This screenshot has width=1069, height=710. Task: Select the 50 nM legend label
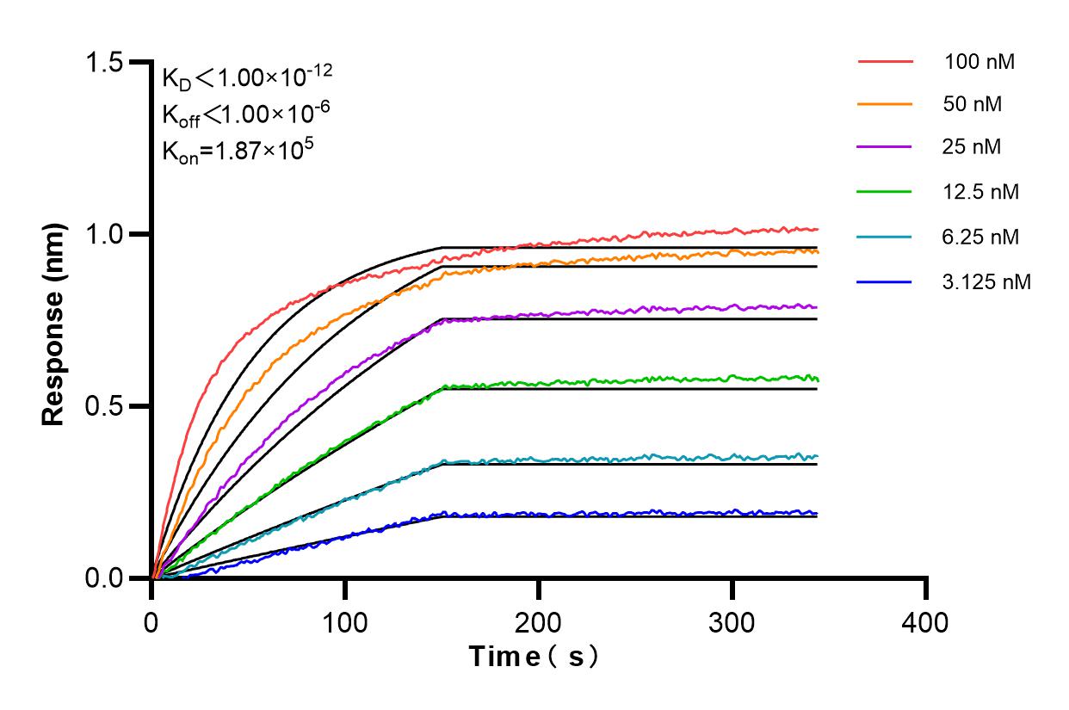(973, 104)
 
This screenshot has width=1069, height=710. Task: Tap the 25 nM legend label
(973, 147)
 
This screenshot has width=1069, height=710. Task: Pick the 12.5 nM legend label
(981, 192)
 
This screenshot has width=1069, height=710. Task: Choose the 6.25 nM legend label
(981, 237)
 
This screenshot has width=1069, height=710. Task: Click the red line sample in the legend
(885, 62)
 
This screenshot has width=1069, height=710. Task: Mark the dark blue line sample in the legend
(885, 281)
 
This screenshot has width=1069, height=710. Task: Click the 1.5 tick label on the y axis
(104, 63)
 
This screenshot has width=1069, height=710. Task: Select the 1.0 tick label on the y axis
(104, 234)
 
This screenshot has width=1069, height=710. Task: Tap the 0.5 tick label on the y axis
(104, 406)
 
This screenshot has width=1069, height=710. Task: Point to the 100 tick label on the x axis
(345, 620)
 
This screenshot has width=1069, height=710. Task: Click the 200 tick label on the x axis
(539, 620)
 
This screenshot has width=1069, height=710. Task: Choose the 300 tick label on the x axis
(732, 620)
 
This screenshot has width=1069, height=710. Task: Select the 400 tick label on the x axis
(926, 620)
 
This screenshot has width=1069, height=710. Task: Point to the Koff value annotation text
(245, 114)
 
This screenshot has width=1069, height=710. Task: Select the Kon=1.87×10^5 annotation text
(238, 150)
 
